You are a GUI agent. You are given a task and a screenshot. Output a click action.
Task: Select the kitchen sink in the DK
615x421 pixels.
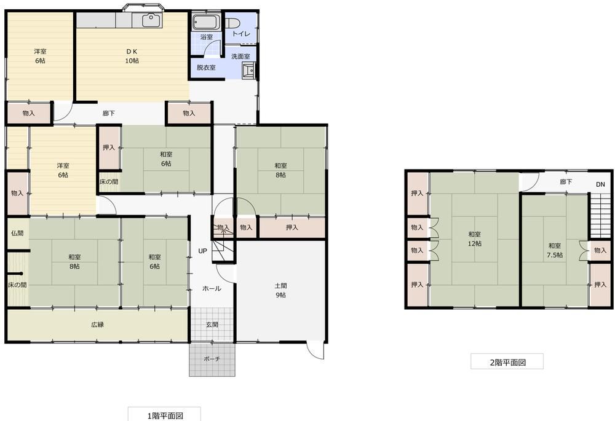click(x=152, y=20)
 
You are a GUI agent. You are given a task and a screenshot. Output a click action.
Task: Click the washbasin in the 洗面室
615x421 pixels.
click(x=249, y=71)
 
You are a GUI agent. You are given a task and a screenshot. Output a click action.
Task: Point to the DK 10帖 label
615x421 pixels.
click(x=132, y=56)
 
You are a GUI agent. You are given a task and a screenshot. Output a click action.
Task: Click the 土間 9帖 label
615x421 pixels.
click(x=280, y=291)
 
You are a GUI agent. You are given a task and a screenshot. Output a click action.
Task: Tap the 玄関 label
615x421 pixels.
click(x=212, y=325)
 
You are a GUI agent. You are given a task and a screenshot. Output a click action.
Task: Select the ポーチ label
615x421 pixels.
click(x=212, y=359)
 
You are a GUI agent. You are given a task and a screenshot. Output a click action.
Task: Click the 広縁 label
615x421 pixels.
click(x=98, y=325)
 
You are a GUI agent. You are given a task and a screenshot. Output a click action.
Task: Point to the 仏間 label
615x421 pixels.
click(x=17, y=233)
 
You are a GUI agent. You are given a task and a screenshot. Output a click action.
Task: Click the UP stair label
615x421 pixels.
click(x=202, y=251)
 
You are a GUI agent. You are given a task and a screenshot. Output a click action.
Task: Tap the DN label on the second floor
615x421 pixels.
click(x=600, y=184)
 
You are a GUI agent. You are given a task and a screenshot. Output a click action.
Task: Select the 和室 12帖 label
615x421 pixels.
click(x=475, y=239)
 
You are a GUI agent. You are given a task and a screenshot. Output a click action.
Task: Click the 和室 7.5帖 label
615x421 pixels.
click(x=555, y=251)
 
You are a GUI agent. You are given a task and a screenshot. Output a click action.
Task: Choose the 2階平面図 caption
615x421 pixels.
click(x=507, y=362)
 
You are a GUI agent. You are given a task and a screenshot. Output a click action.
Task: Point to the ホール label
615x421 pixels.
click(x=212, y=288)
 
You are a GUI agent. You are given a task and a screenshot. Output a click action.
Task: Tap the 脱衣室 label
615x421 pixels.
click(x=206, y=68)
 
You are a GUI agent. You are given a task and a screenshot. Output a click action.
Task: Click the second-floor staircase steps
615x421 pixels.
click(x=600, y=216)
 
